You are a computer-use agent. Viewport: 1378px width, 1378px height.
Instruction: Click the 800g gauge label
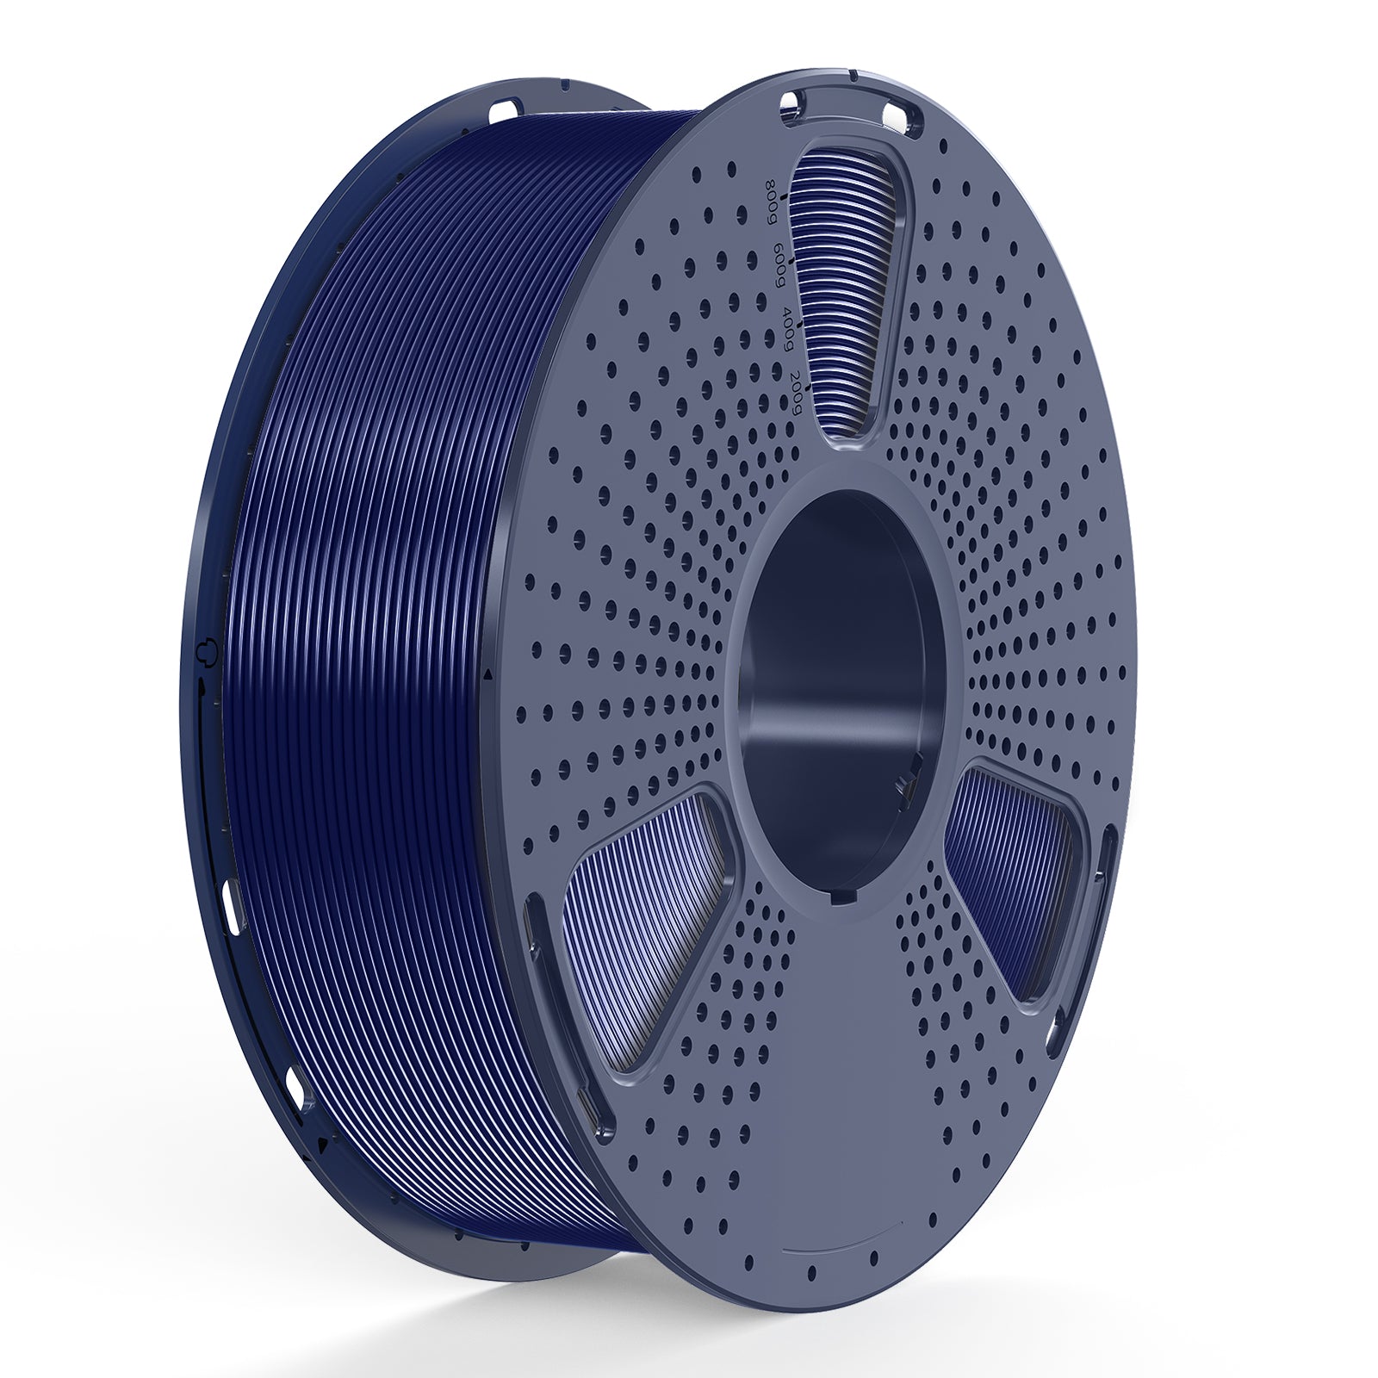769,200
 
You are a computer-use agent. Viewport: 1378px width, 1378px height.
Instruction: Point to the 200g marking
798,389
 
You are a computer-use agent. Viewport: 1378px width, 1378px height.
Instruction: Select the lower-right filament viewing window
1016,878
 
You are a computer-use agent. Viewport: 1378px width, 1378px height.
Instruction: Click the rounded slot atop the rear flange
505,111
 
